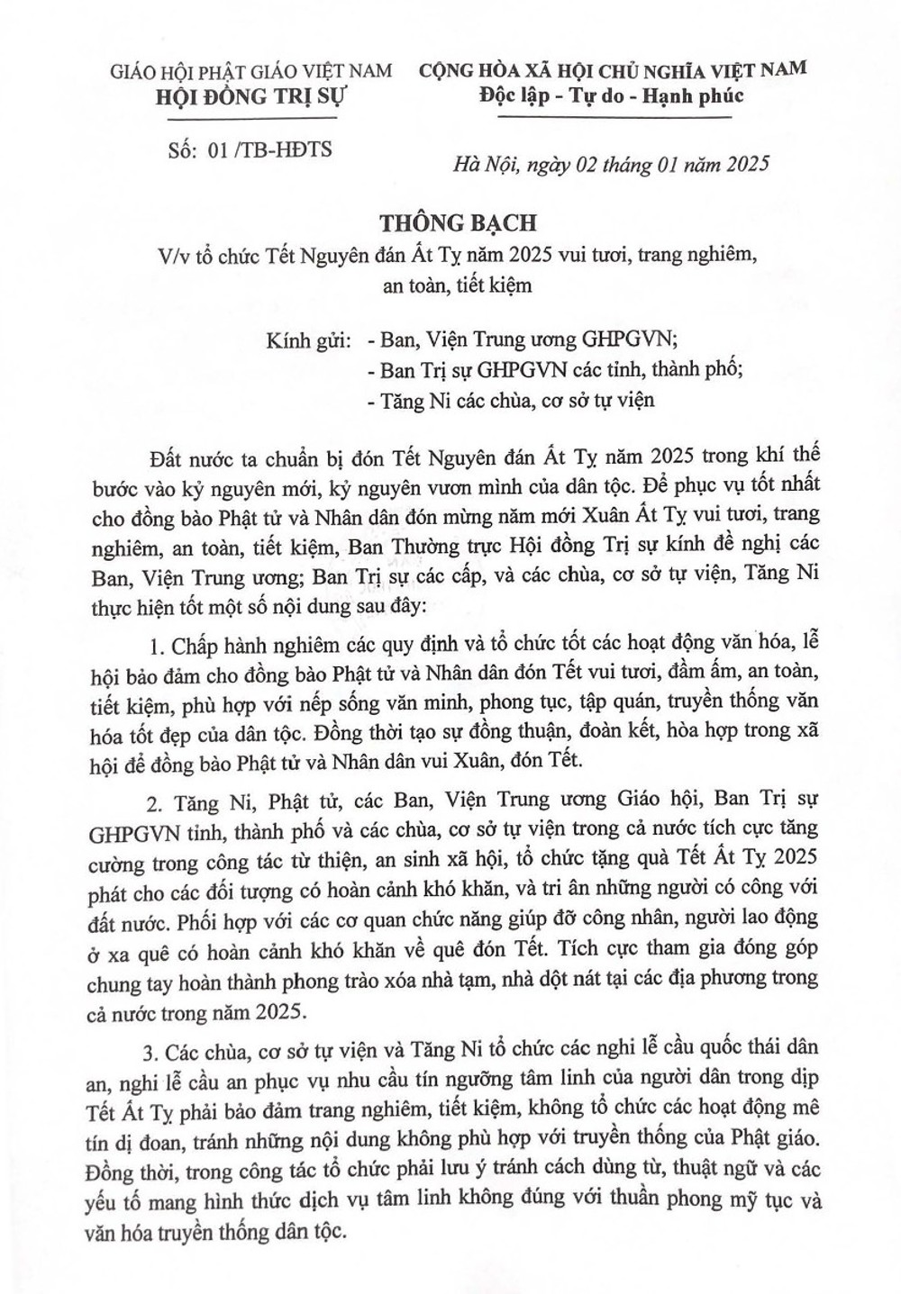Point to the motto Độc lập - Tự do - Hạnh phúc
click(x=612, y=95)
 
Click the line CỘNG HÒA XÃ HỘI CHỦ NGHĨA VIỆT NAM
click(x=613, y=68)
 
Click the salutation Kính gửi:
click(x=309, y=340)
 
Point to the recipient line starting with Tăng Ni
click(x=512, y=400)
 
